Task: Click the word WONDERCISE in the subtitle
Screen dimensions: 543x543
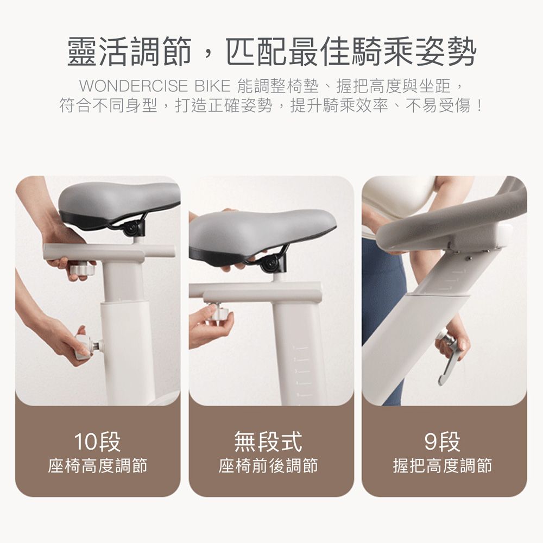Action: tap(134, 86)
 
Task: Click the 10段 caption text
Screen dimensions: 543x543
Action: tap(97, 441)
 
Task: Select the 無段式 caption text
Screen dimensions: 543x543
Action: tap(268, 441)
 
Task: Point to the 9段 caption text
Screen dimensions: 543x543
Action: tap(442, 441)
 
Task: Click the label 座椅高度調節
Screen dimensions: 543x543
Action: tap(98, 465)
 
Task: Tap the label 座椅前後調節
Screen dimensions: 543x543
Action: tap(268, 465)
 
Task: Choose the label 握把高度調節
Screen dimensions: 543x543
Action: tap(442, 465)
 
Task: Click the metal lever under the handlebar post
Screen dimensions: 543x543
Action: tap(449, 358)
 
